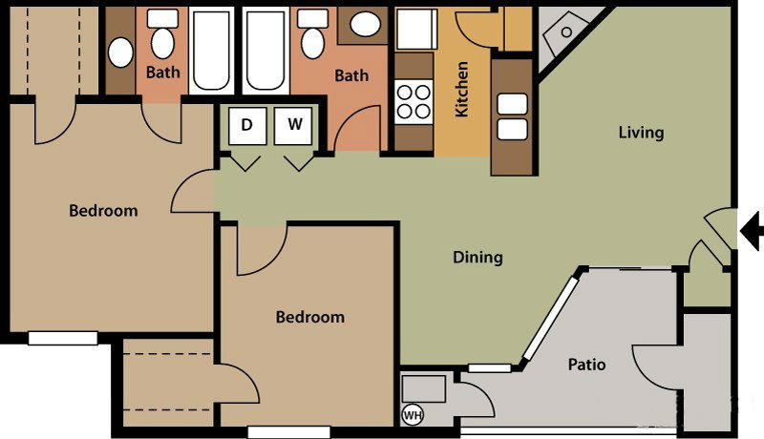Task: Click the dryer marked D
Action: [247, 126]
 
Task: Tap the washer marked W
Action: [293, 126]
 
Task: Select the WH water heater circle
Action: [413, 415]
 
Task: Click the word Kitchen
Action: [461, 89]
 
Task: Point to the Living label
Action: [641, 133]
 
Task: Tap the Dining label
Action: [478, 257]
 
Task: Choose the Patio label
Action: [586, 364]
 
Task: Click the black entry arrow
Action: [751, 231]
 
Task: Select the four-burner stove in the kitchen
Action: [414, 102]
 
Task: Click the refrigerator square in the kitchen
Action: [416, 29]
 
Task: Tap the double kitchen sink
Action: [512, 116]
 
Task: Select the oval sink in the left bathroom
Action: [120, 52]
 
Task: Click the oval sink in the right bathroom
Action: [365, 24]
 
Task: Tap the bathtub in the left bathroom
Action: [211, 51]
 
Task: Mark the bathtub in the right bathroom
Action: [265, 51]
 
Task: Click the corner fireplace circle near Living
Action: [566, 32]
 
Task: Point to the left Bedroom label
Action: [103, 211]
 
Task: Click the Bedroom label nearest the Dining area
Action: [310, 317]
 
